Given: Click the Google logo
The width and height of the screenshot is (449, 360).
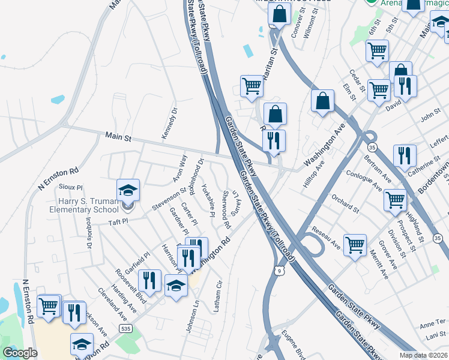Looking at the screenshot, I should (x=20, y=353).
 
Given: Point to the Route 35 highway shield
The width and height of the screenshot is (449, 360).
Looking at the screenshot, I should (x=372, y=146).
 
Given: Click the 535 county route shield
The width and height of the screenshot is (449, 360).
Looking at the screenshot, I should (x=125, y=329).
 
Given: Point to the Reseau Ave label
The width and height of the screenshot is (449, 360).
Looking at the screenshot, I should (x=326, y=238).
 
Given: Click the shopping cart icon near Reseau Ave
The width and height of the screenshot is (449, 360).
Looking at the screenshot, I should (x=355, y=244).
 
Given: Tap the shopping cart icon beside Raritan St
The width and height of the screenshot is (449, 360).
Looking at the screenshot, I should (x=252, y=86).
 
